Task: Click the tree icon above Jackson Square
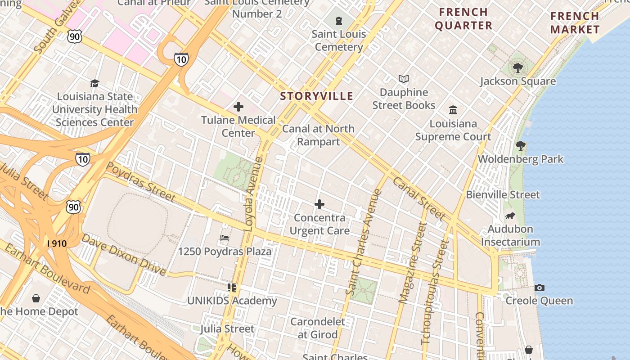[518, 68]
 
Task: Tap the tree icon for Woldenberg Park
[521, 146]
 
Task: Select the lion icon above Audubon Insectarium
[510, 216]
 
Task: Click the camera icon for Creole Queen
[540, 288]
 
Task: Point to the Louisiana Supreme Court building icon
[453, 110]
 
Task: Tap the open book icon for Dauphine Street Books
[404, 79]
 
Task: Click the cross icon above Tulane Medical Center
[238, 107]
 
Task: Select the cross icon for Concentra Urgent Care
[319, 204]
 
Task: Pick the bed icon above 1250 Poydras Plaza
[225, 238]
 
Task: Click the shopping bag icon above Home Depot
[36, 298]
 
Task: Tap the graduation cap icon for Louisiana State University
[94, 83]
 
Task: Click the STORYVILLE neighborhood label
[316, 96]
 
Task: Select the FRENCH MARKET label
[575, 23]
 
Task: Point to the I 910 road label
[57, 244]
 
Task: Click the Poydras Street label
[140, 181]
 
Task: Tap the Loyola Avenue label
[253, 194]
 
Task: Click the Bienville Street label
[503, 195]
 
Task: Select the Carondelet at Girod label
[318, 328]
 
